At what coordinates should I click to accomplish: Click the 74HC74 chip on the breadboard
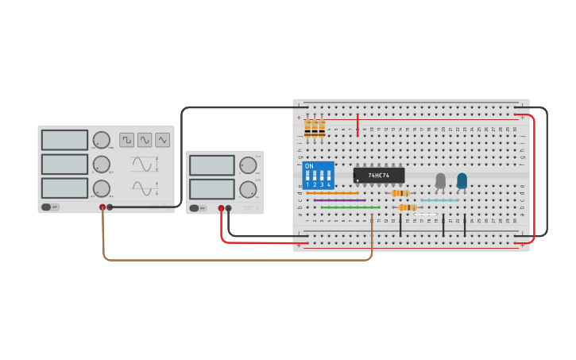[379, 175]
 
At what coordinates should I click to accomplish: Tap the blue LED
[462, 181]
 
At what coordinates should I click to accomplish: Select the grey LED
[440, 181]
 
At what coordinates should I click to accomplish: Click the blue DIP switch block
[318, 175]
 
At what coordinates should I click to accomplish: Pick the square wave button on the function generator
[127, 140]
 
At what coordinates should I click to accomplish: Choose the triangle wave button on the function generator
[162, 140]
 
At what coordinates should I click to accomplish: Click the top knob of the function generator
[101, 140]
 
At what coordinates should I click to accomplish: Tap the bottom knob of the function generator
[101, 188]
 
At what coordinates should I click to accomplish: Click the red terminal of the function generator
[102, 207]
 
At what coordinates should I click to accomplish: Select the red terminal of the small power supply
[221, 208]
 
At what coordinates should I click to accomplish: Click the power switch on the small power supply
[194, 208]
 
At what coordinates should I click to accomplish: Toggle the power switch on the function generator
[46, 207]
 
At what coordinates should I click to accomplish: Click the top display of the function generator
[64, 140]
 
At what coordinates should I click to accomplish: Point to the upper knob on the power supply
[248, 165]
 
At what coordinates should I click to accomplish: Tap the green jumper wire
[350, 207]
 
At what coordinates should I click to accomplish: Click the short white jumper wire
[426, 215]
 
